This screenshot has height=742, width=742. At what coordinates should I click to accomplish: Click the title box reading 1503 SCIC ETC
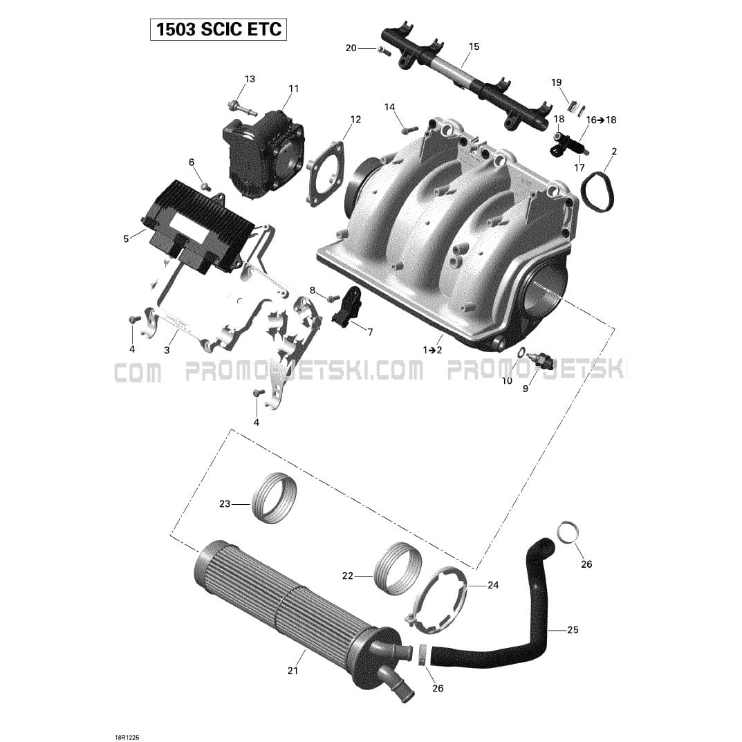(218, 29)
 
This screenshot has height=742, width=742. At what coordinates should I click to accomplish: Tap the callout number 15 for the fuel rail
(474, 46)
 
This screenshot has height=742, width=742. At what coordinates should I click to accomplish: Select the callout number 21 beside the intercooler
(293, 671)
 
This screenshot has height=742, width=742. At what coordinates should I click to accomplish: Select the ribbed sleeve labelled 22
(398, 569)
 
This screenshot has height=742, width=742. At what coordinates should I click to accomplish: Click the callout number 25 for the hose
(573, 630)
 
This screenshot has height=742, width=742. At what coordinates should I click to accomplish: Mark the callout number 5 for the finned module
(126, 239)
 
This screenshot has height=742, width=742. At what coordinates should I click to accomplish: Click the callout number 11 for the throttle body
(294, 89)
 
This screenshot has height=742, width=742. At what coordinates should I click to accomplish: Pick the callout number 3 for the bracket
(167, 350)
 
